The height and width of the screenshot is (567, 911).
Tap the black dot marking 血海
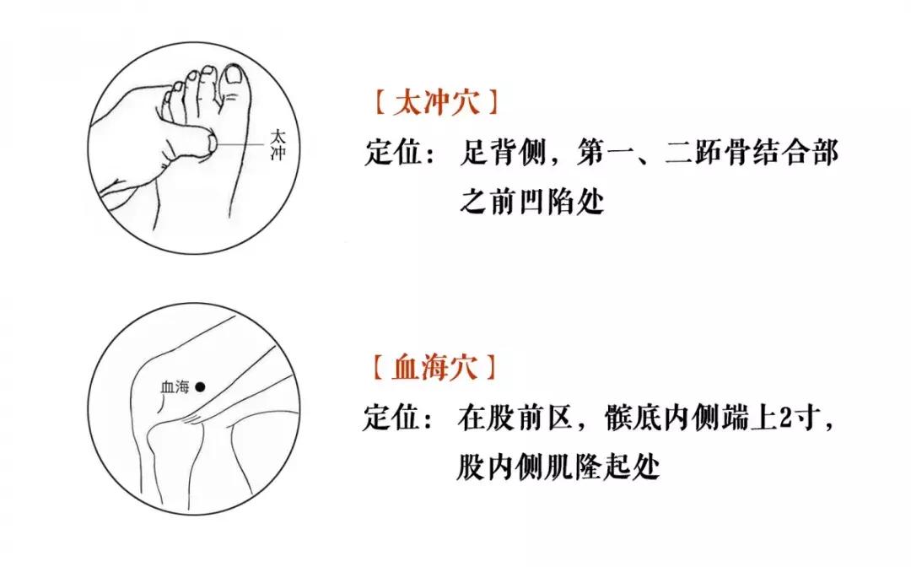point(200,387)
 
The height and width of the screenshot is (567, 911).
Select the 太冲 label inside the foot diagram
point(279,144)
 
